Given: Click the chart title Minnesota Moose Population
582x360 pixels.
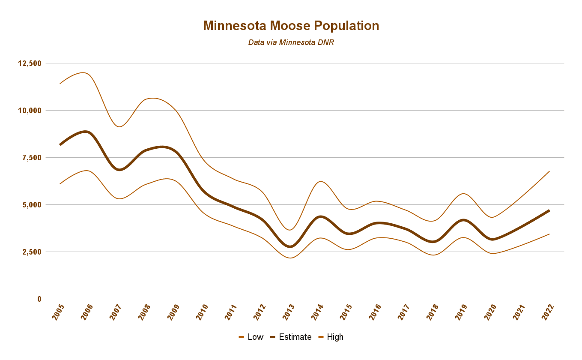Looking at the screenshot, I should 291,26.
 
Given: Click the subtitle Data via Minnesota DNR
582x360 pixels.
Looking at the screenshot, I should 291,42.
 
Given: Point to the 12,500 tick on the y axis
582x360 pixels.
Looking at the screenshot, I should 30,63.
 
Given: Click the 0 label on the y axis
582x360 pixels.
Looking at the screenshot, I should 39,299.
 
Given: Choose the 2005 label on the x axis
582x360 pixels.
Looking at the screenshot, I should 58,312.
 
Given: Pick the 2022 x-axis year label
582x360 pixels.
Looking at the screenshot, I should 547,312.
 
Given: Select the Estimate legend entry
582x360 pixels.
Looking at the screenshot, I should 290,337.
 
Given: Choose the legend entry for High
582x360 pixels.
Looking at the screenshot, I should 331,337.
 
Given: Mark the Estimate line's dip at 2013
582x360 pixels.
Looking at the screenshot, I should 290,246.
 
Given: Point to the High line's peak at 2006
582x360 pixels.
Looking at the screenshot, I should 84,73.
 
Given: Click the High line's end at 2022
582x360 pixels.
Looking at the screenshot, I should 549,171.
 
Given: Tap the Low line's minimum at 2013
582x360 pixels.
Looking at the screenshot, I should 290,258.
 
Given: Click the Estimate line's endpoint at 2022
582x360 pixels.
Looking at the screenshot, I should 549,210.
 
